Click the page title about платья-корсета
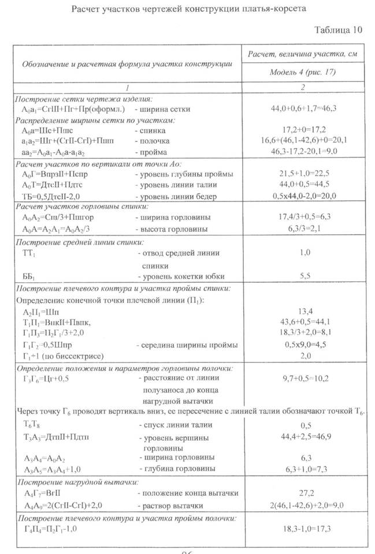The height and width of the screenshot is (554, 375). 188,10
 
